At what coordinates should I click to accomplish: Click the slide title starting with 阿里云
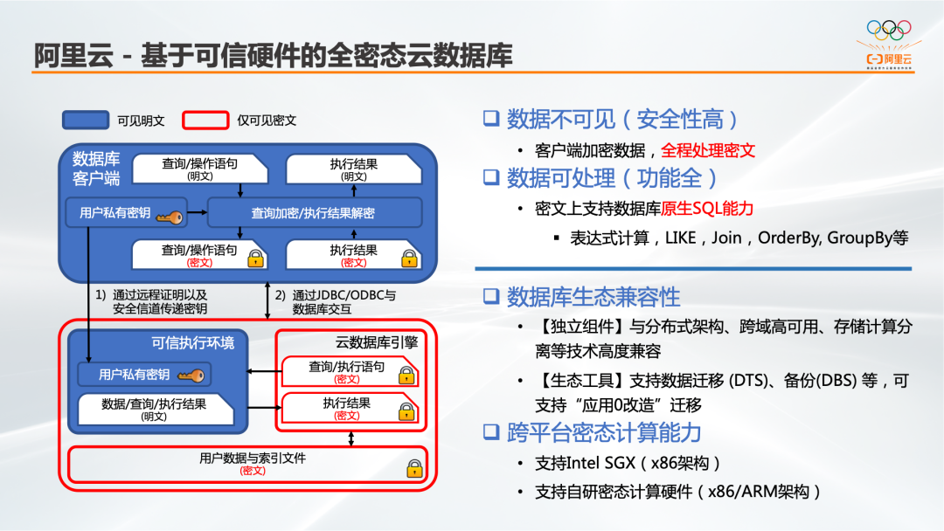pyautogui.click(x=273, y=55)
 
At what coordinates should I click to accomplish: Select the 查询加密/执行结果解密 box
pyautogui.click(x=314, y=212)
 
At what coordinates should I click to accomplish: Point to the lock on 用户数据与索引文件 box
pyautogui.click(x=414, y=468)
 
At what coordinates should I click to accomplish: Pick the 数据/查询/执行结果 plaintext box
pyautogui.click(x=155, y=408)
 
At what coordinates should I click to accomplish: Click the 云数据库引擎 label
pyautogui.click(x=377, y=342)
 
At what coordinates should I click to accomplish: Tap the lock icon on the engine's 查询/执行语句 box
pyautogui.click(x=405, y=376)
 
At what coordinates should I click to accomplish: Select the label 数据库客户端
pyautogui.click(x=96, y=168)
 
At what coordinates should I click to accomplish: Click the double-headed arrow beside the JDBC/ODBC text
pyautogui.click(x=267, y=302)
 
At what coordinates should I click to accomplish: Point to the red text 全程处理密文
pyautogui.click(x=707, y=150)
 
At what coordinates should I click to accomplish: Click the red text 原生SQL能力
pyautogui.click(x=707, y=209)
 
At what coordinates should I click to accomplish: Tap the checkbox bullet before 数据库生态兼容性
pyautogui.click(x=491, y=296)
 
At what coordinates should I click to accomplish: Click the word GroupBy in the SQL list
pyautogui.click(x=857, y=238)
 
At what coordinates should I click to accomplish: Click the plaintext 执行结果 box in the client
pyautogui.click(x=353, y=169)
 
